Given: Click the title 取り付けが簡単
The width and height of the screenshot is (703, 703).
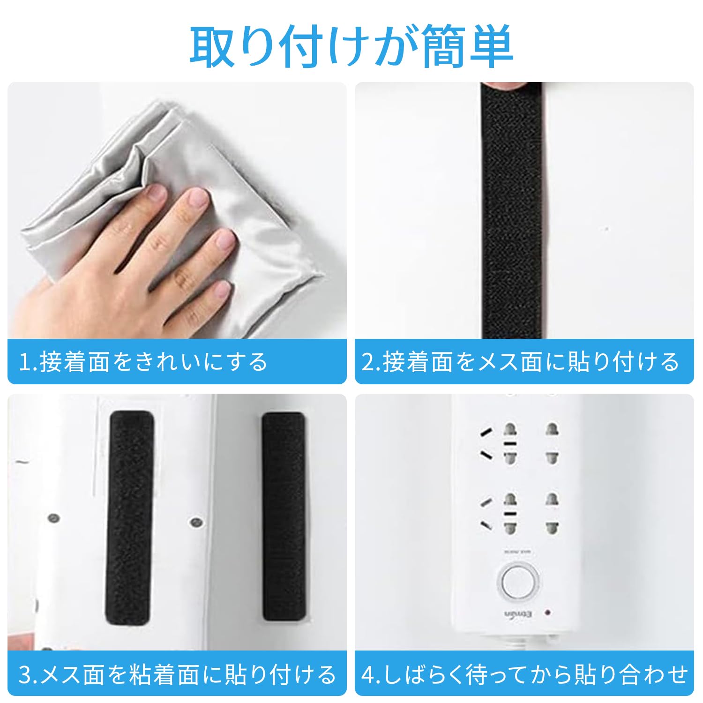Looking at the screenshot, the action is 351,47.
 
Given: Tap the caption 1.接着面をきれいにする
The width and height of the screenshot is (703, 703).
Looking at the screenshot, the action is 143,362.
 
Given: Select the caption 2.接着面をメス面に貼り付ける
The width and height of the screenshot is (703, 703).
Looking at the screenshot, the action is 520,362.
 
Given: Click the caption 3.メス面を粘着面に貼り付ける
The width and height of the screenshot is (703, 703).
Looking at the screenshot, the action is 177,674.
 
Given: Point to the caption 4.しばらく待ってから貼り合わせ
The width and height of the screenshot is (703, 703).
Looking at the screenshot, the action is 524,674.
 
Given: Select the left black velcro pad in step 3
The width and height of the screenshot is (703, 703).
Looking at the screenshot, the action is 131,518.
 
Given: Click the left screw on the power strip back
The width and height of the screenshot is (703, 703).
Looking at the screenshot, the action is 54,519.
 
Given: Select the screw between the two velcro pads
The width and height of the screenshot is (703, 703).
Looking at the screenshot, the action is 195,521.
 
